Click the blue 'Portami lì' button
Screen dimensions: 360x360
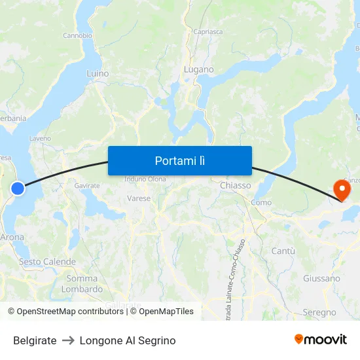(x=180, y=160)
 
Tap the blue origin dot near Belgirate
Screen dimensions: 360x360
(x=18, y=189)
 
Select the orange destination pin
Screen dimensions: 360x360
(x=342, y=190)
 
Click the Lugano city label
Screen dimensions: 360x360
(x=198, y=69)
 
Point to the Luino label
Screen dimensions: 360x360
(x=98, y=74)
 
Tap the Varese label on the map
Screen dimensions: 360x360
(x=139, y=198)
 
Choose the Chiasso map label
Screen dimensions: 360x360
(x=236, y=185)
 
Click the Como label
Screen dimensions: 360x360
(x=261, y=202)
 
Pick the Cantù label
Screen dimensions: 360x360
(x=283, y=251)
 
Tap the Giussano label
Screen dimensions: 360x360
(x=321, y=278)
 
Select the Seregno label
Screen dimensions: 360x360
(x=319, y=312)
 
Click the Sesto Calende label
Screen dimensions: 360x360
(x=47, y=262)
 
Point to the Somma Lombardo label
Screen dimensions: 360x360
(x=82, y=283)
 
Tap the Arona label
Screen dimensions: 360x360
(x=12, y=237)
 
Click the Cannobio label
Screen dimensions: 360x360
(x=77, y=35)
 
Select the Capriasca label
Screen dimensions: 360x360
(x=208, y=31)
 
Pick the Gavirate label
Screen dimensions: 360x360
(x=87, y=186)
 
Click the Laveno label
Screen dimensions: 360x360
(x=40, y=139)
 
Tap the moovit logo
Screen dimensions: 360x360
(x=321, y=339)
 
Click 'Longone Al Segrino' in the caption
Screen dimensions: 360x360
(x=128, y=340)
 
